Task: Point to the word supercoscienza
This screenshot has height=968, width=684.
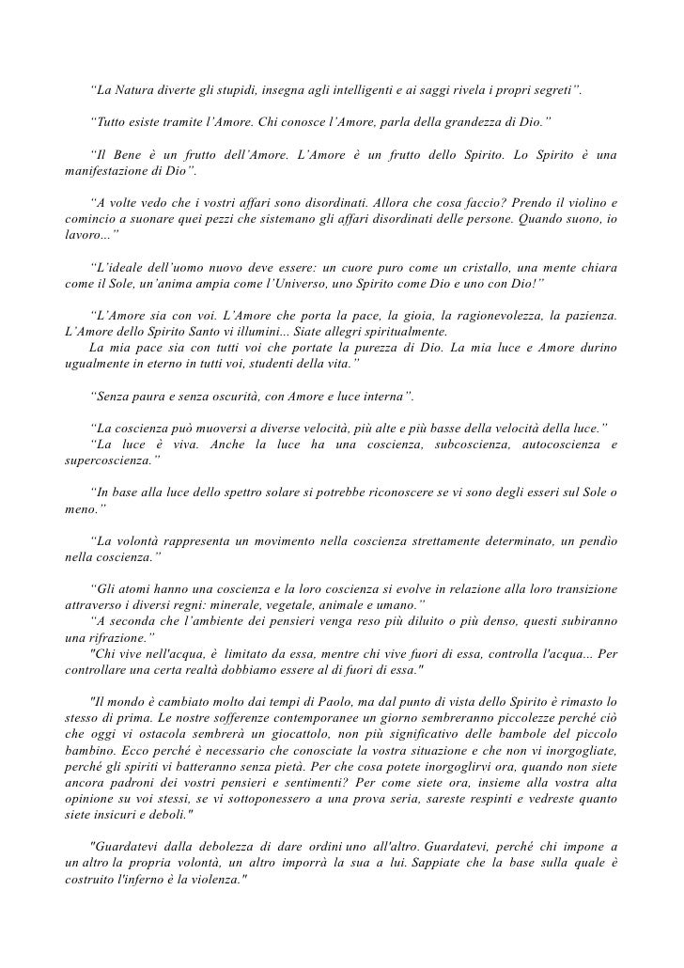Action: tap(103, 461)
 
